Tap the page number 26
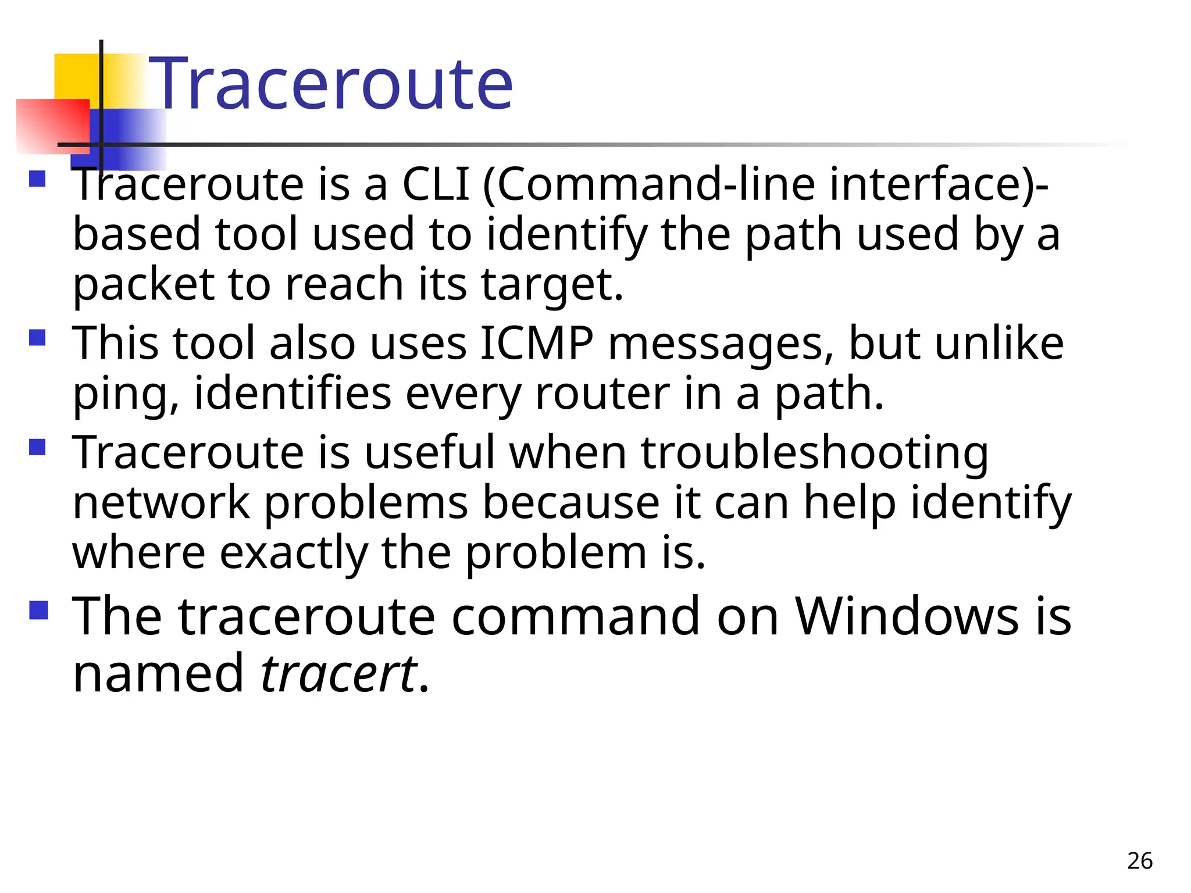point(1139,861)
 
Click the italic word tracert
point(338,674)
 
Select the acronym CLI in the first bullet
point(436,185)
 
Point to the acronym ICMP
point(537,344)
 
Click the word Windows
point(906,617)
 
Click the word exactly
point(294,553)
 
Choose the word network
point(161,503)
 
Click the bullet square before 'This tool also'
point(37,338)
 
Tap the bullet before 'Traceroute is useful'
point(37,446)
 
